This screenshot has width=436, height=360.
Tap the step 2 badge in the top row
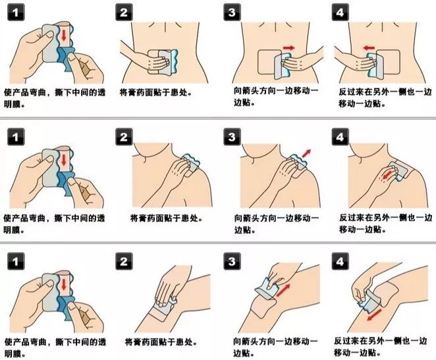124,14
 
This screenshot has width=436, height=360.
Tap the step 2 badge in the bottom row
124,261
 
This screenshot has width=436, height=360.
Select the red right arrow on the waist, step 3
289,47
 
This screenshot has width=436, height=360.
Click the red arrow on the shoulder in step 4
391,173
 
